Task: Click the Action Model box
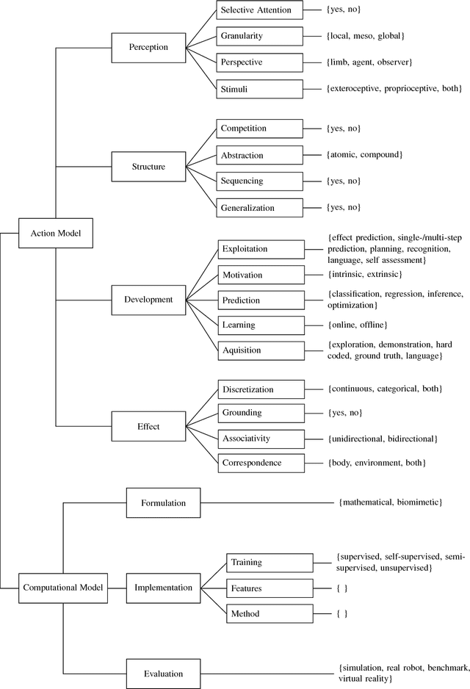(56, 233)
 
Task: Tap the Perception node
(148, 47)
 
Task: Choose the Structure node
(148, 167)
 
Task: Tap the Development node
(148, 299)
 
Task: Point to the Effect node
(148, 425)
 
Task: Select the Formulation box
(164, 503)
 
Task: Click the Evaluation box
(164, 673)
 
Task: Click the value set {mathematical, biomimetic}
(389, 502)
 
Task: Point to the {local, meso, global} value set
(365, 35)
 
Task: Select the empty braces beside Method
(341, 613)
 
